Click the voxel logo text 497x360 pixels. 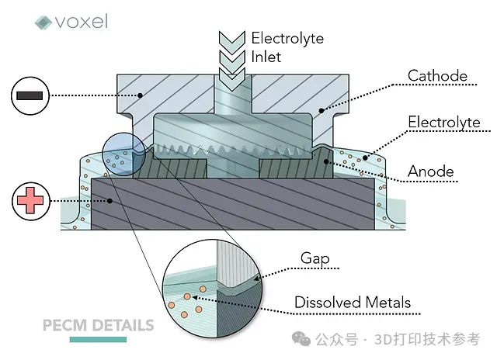point(82,21)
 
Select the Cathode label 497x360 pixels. point(438,75)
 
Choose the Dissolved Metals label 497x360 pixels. point(352,302)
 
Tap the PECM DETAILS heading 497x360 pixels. point(98,324)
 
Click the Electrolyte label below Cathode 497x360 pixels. point(444,122)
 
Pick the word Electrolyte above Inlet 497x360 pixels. point(287,38)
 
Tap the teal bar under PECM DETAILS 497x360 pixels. point(98,339)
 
